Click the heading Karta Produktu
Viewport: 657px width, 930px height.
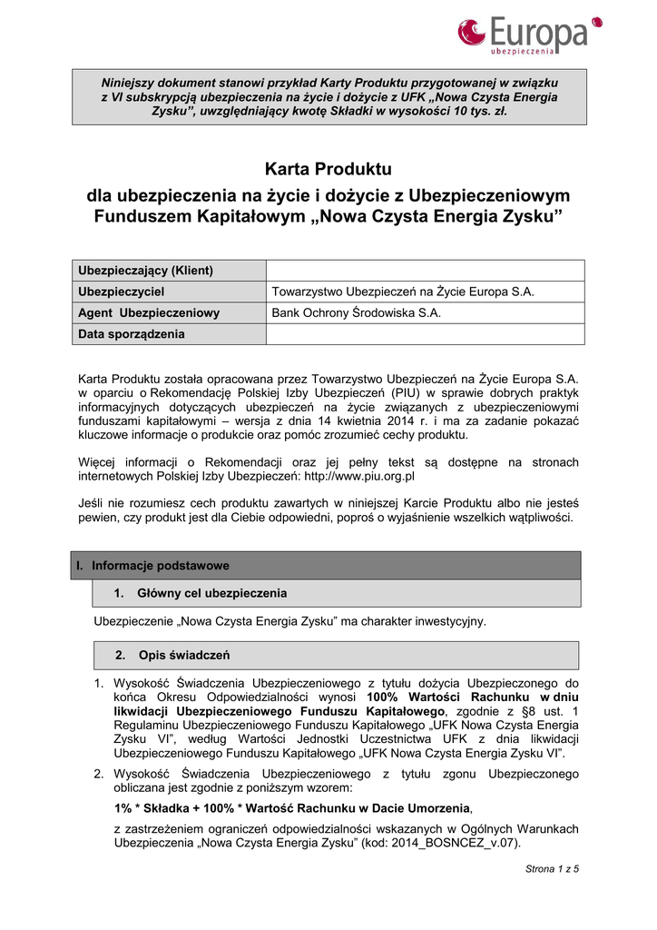328,169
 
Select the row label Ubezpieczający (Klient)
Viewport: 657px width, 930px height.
146,271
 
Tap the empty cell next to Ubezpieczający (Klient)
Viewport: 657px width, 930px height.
425,271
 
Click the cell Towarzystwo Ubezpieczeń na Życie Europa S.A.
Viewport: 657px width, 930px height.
403,292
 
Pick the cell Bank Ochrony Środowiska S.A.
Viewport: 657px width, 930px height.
357,313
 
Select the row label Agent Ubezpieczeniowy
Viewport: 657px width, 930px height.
150,313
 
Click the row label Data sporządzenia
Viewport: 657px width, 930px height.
132,334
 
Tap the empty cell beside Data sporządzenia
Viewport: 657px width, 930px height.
425,334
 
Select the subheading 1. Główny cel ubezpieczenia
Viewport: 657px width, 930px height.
200,594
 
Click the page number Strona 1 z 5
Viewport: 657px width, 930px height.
552,869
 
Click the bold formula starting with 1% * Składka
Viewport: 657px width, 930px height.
293,808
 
